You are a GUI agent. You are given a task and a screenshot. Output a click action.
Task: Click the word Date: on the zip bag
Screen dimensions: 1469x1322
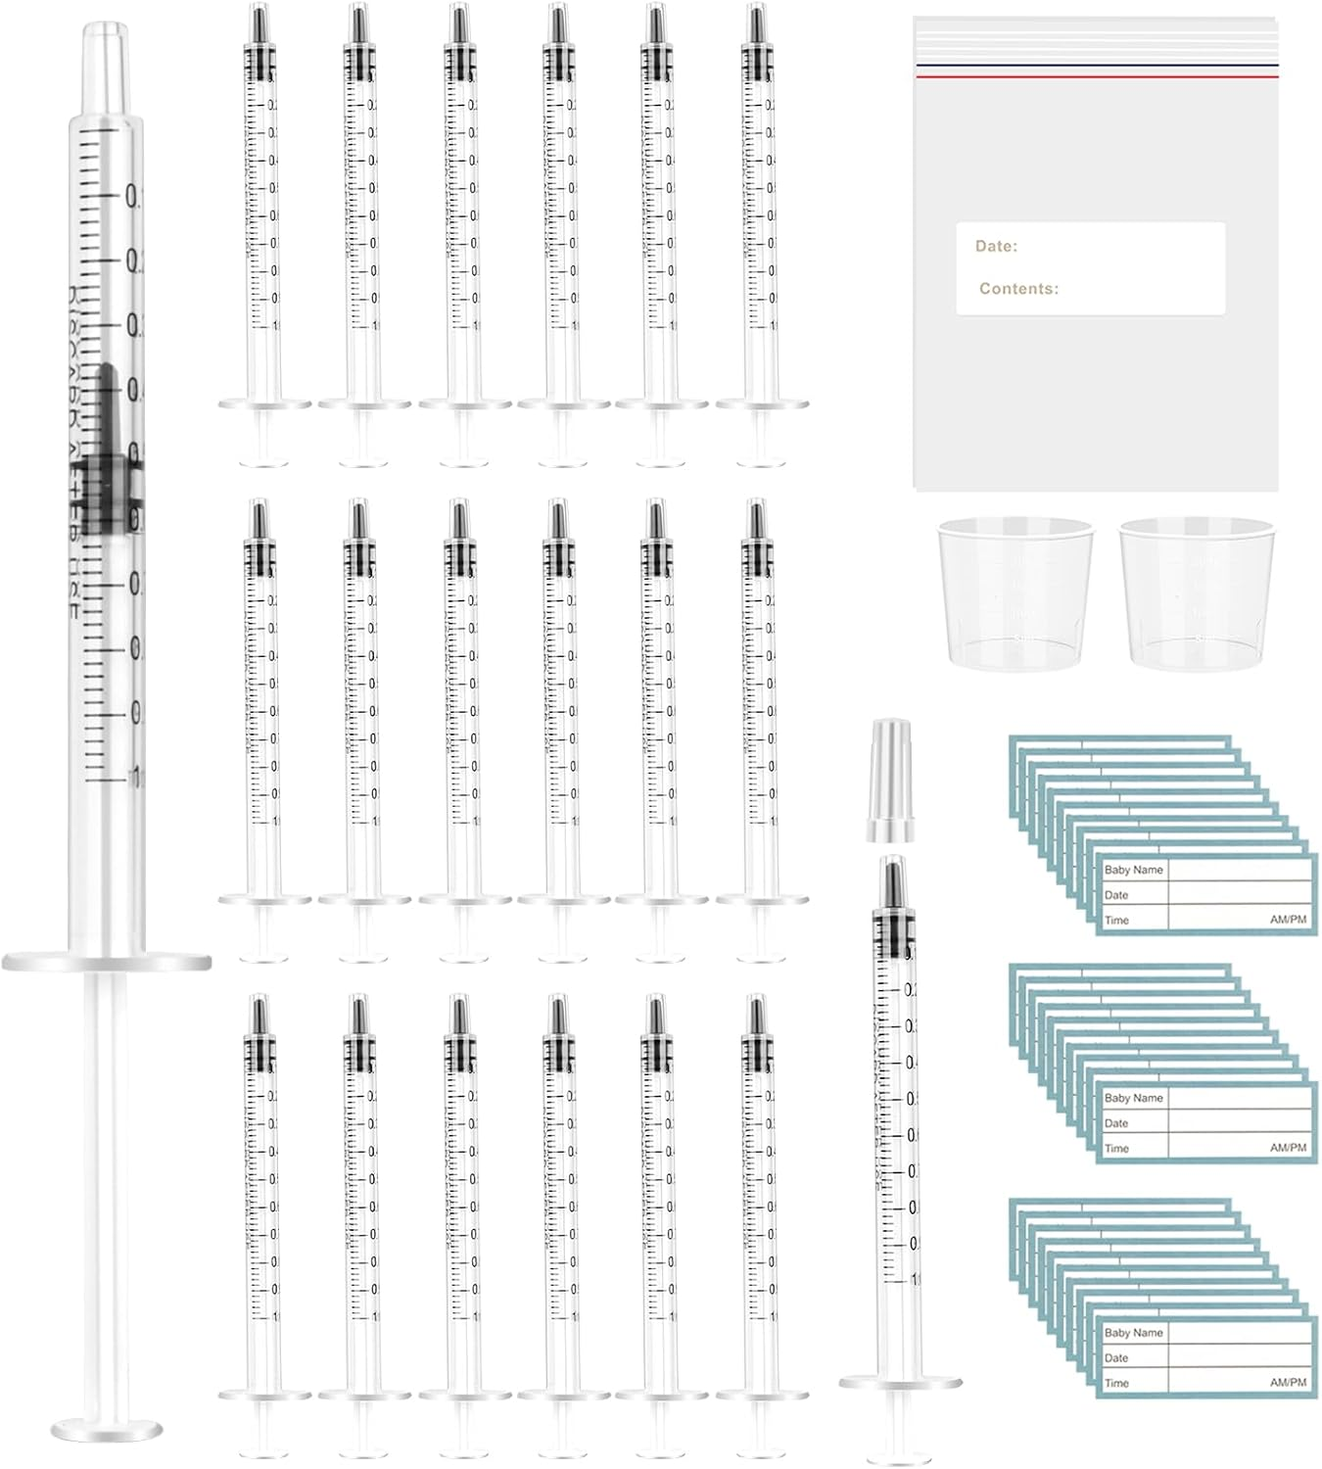[x=996, y=247]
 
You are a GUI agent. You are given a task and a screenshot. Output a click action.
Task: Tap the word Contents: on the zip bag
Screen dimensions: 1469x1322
[x=1018, y=289]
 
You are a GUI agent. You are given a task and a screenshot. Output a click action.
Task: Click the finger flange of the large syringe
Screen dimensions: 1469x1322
[x=107, y=961]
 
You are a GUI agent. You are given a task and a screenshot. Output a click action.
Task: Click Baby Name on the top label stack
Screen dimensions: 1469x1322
[x=1133, y=870]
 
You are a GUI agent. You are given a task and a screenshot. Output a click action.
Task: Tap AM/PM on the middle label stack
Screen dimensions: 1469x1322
[x=1288, y=1148]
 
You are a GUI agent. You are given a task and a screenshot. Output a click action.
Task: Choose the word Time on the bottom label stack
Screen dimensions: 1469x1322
[x=1116, y=1383]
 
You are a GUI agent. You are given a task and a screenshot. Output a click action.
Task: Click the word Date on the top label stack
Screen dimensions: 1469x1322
[x=1116, y=895]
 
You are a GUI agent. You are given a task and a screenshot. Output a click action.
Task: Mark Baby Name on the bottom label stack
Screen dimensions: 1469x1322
[x=1133, y=1333]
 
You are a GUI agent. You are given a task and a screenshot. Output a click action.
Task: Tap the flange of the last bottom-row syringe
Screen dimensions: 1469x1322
[x=762, y=1395]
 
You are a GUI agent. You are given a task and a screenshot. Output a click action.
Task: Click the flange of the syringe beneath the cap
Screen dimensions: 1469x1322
[x=900, y=1381]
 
